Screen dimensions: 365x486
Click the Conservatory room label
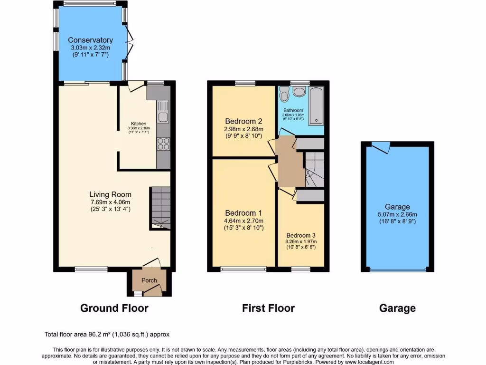click(90, 40)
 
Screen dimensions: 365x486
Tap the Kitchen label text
click(139, 124)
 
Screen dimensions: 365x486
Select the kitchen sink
click(162, 111)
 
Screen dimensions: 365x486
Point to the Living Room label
click(111, 194)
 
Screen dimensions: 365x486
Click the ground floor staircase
click(160, 207)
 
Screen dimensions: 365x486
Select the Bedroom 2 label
click(244, 121)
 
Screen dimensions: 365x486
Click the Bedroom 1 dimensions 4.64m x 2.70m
click(244, 221)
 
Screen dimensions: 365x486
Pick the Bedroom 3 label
click(301, 236)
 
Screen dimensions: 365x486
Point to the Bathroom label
click(293, 111)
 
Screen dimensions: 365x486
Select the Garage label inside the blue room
click(397, 207)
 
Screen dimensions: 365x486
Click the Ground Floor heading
click(114, 308)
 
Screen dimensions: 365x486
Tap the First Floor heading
click(268, 308)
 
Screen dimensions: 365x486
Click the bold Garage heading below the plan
click(397, 308)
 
